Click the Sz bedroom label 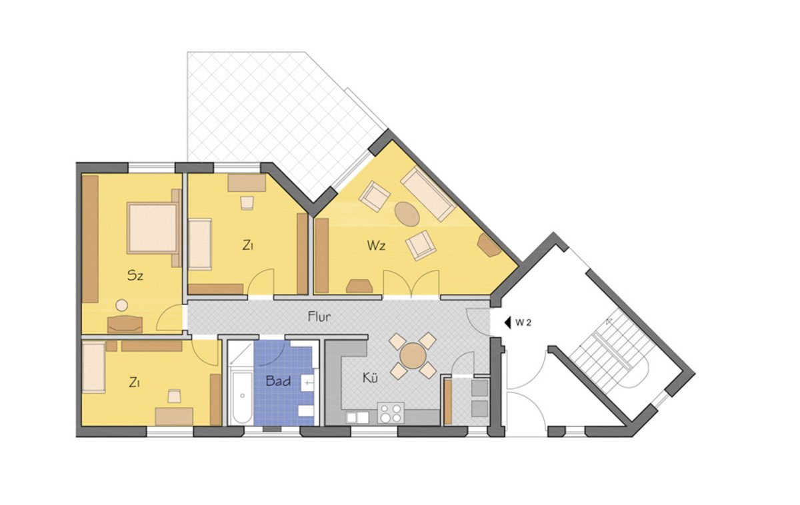coord(135,276)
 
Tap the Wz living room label coord(376,246)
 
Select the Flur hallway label coord(319,317)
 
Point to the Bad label coord(278,381)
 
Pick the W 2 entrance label coord(523,322)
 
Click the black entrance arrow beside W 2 coord(507,322)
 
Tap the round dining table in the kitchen coord(412,356)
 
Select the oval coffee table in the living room coord(407,214)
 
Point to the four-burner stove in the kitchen coord(391,413)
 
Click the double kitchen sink coord(357,417)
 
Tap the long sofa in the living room coord(428,195)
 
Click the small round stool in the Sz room coord(122,306)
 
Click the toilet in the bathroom coord(306,411)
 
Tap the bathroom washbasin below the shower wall coord(308,383)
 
